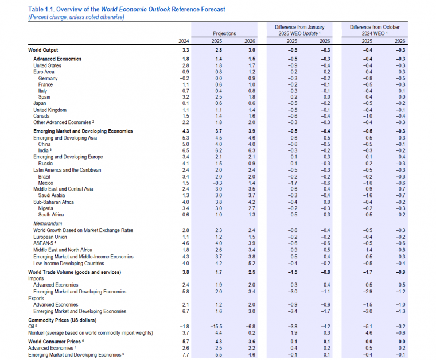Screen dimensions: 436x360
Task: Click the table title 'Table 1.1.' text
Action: [x=41, y=9]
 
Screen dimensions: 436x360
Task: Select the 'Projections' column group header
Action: [x=224, y=33]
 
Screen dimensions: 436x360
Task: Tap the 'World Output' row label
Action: [x=43, y=50]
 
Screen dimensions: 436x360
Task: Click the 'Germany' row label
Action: [x=48, y=78]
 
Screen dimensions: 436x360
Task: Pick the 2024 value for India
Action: [x=185, y=150]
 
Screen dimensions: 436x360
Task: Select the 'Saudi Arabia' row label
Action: [x=52, y=195]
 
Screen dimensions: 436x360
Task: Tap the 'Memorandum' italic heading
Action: [x=48, y=223]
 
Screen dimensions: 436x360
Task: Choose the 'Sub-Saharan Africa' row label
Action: [x=54, y=202]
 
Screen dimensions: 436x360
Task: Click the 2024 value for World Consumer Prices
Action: [x=185, y=342]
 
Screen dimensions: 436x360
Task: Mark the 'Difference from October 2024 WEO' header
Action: [x=375, y=30]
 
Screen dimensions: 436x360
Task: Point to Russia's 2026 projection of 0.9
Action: [x=252, y=164]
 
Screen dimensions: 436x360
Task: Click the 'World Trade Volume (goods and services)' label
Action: [x=75, y=272]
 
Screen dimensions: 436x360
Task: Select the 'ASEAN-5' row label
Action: [x=45, y=243]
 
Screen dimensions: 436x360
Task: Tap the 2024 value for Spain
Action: [x=185, y=97]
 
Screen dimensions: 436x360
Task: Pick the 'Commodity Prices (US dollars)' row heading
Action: [x=63, y=320]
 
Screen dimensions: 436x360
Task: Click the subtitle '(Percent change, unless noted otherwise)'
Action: [x=76, y=17]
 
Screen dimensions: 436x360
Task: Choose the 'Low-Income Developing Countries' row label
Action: [x=69, y=263]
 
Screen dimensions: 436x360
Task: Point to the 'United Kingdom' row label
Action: [x=50, y=110]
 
